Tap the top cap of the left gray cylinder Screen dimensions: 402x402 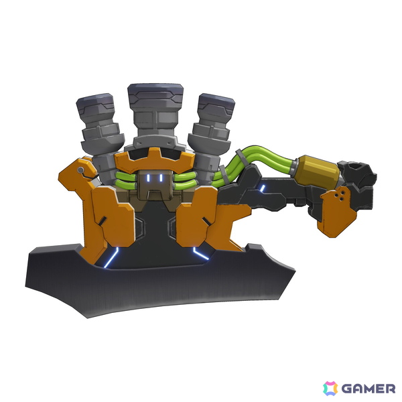[x=95, y=103]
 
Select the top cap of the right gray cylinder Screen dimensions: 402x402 [x=216, y=104]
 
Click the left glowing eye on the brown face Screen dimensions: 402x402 [x=148, y=178]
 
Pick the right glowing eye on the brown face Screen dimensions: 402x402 [x=161, y=178]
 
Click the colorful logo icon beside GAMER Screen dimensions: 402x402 [x=330, y=389]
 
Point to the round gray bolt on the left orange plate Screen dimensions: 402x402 [x=81, y=170]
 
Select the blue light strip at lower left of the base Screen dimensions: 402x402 [x=111, y=257]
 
